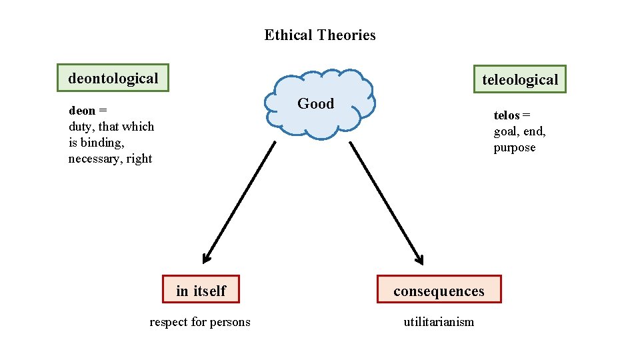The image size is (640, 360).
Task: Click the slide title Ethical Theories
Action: pos(320,35)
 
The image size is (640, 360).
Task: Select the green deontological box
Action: pos(113,78)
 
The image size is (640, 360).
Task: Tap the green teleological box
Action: pos(519,79)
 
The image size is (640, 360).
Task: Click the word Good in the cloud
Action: pos(315,104)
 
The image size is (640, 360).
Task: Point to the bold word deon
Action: pos(82,111)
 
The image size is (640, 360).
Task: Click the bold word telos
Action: pos(507,115)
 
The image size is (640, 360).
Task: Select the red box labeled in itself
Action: pos(201,291)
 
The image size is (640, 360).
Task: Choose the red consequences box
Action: pos(439,291)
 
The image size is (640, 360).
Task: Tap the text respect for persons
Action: pos(200,322)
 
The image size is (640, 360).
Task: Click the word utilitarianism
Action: pos(439,322)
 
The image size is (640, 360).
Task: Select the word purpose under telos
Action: pos(514,148)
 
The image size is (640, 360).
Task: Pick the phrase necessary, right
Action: pos(110,159)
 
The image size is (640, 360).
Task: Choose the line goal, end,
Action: pos(519,132)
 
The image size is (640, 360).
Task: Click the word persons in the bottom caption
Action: pos(230,322)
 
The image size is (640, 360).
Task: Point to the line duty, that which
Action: pos(111,127)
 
